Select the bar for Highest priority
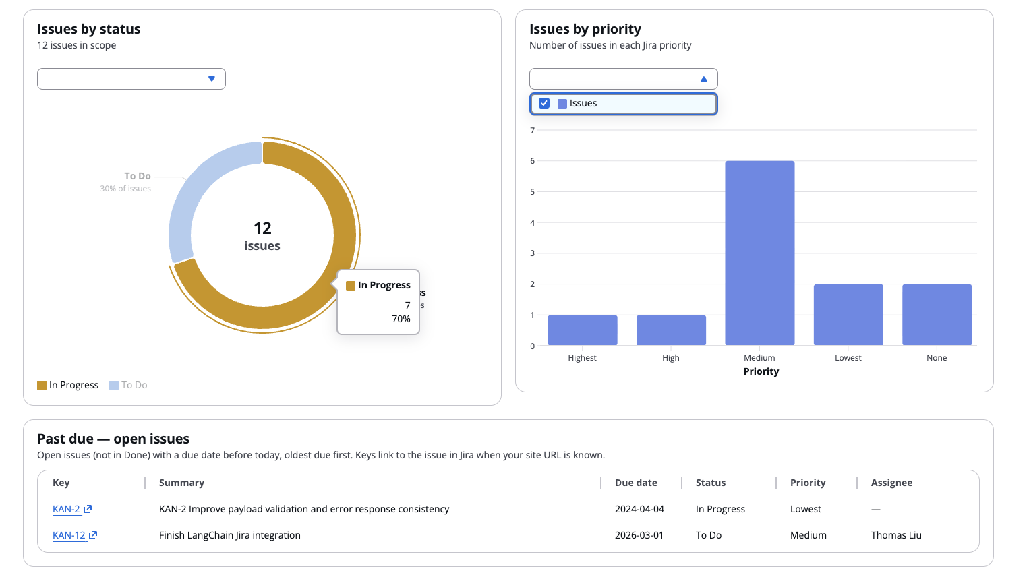(582, 330)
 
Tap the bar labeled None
(937, 315)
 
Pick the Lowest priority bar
(848, 315)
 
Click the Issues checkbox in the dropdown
(544, 103)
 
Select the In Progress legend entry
(68, 385)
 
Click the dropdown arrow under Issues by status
(212, 79)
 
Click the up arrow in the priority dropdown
(704, 79)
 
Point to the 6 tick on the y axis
(532, 161)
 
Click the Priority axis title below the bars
(761, 371)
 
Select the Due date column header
(635, 483)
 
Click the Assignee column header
(891, 483)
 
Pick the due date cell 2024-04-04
(639, 509)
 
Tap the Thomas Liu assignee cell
(895, 535)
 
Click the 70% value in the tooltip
(401, 319)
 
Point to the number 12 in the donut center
(262, 228)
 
